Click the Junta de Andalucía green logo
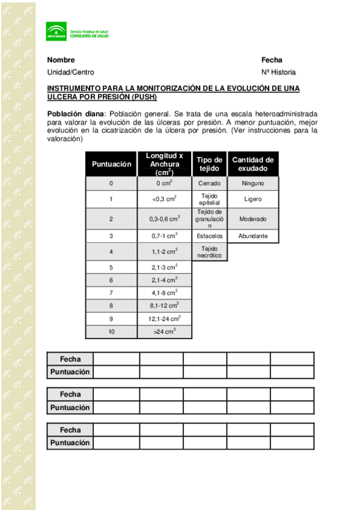pyautogui.click(x=56, y=32)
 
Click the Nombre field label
pyautogui.click(x=61, y=60)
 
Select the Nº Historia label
pyautogui.click(x=278, y=72)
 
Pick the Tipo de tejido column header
pyautogui.click(x=209, y=164)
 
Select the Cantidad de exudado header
pyautogui.click(x=252, y=164)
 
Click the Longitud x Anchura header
pyautogui.click(x=164, y=164)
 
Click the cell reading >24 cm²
pyautogui.click(x=164, y=331)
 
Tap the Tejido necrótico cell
pyautogui.click(x=209, y=251)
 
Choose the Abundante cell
pyautogui.click(x=252, y=236)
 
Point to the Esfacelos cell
pyautogui.click(x=209, y=236)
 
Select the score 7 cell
pyautogui.click(x=111, y=292)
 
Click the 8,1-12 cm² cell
pyautogui.click(x=164, y=306)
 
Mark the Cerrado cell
pyautogui.click(x=209, y=183)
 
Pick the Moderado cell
pyautogui.click(x=252, y=219)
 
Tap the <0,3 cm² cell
pyautogui.click(x=164, y=199)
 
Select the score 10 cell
pyautogui.click(x=111, y=331)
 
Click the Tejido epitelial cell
pyautogui.click(x=209, y=199)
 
